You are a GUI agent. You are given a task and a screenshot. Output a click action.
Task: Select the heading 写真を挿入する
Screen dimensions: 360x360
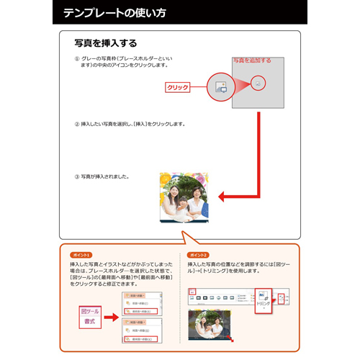click(106, 44)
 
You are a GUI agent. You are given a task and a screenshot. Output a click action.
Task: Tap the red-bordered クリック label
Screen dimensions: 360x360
click(177, 87)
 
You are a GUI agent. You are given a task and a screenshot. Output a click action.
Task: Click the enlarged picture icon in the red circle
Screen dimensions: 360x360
click(219, 86)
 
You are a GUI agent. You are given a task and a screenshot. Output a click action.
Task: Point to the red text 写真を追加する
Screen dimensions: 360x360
click(251, 60)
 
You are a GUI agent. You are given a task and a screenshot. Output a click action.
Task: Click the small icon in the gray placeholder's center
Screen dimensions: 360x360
click(258, 84)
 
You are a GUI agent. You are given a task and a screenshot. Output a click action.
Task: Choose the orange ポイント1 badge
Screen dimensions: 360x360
click(81, 256)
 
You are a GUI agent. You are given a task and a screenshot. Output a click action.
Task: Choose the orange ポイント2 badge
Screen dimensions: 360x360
click(199, 256)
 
